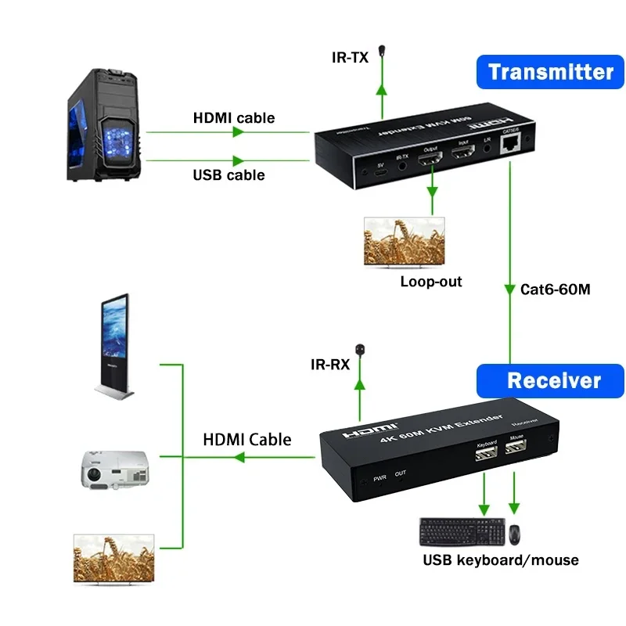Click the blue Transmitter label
pyautogui.click(x=551, y=73)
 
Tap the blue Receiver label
pyautogui.click(x=554, y=381)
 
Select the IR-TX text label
pyautogui.click(x=349, y=56)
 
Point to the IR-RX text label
pyautogui.click(x=329, y=365)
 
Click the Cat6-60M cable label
pyautogui.click(x=555, y=289)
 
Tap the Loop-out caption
pyautogui.click(x=431, y=282)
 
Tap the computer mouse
pyautogui.click(x=516, y=534)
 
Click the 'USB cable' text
pyautogui.click(x=228, y=174)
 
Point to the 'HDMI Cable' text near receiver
pyautogui.click(x=246, y=440)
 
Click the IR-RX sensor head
pyautogui.click(x=361, y=347)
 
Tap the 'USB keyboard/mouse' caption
pyautogui.click(x=501, y=559)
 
